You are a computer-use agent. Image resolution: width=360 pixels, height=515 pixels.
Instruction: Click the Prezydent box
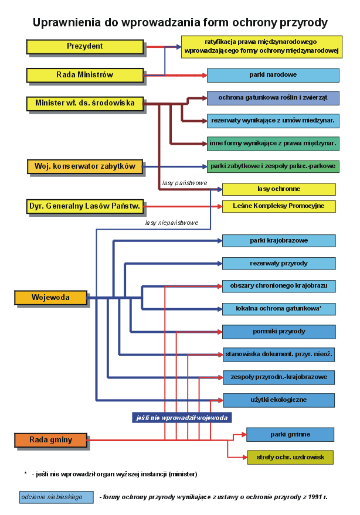(x=85, y=46)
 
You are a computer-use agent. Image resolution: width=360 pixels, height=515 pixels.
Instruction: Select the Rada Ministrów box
(x=85, y=74)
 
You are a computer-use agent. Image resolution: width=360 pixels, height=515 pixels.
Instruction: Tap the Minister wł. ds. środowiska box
(x=85, y=103)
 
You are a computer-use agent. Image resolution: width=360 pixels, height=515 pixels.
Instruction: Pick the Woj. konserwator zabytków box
(x=85, y=166)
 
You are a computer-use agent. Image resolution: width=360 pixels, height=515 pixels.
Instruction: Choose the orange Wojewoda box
(x=50, y=298)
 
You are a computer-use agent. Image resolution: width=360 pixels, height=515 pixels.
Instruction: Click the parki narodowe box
(x=273, y=75)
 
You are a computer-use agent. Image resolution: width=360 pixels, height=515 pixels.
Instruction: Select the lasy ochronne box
(x=279, y=189)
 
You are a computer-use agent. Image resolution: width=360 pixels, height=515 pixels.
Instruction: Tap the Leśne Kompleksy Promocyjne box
(x=279, y=206)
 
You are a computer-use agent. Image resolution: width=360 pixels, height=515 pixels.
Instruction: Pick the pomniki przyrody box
(x=279, y=332)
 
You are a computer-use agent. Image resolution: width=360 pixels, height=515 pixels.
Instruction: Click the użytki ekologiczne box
(x=279, y=400)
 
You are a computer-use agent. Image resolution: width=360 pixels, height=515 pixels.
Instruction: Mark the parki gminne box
(x=290, y=435)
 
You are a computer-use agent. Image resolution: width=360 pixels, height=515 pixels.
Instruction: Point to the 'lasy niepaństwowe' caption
(x=172, y=223)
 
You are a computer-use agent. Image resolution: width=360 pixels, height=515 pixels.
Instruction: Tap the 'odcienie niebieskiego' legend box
(x=56, y=497)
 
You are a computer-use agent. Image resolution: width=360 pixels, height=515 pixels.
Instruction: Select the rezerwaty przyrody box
(x=279, y=263)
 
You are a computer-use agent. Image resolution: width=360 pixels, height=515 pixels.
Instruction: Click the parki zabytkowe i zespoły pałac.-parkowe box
(x=273, y=166)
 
